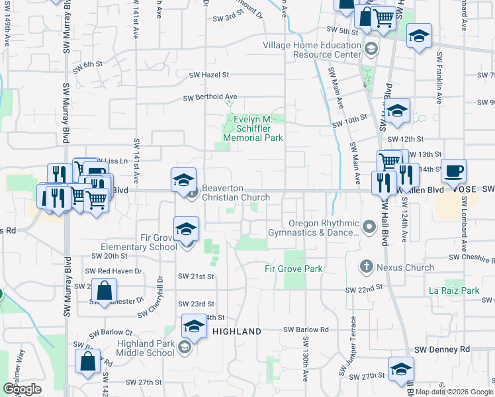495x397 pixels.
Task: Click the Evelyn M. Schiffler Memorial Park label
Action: coord(253,128)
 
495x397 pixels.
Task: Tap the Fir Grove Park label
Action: coord(293,269)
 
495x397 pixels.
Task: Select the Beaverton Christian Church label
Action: coord(236,193)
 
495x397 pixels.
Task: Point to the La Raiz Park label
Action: coord(453,290)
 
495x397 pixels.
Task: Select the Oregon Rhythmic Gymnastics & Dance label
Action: coord(314,228)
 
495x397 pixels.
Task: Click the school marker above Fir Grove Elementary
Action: coord(187,229)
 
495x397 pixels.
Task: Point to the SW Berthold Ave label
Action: coord(210,97)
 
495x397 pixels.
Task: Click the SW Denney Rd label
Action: coord(441,349)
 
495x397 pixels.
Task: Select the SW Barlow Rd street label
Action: coord(306,330)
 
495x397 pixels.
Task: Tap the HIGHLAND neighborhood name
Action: coord(236,331)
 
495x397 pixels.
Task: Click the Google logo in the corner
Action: coord(22,388)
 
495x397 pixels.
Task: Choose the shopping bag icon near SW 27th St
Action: coord(88,363)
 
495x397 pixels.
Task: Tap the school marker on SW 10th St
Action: coord(397,110)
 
